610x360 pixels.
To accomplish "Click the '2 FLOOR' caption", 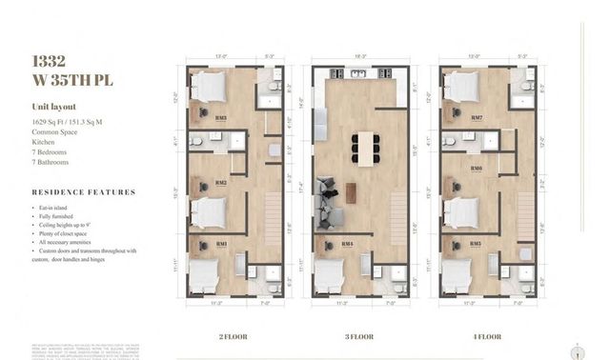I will pyautogui.click(x=234, y=335).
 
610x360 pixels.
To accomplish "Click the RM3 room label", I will pyautogui.click(x=221, y=118).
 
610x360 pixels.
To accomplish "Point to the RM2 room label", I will pyautogui.click(x=221, y=182).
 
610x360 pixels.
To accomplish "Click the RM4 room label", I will pyautogui.click(x=347, y=244).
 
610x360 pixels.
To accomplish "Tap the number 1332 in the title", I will pyautogui.click(x=49, y=61).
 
